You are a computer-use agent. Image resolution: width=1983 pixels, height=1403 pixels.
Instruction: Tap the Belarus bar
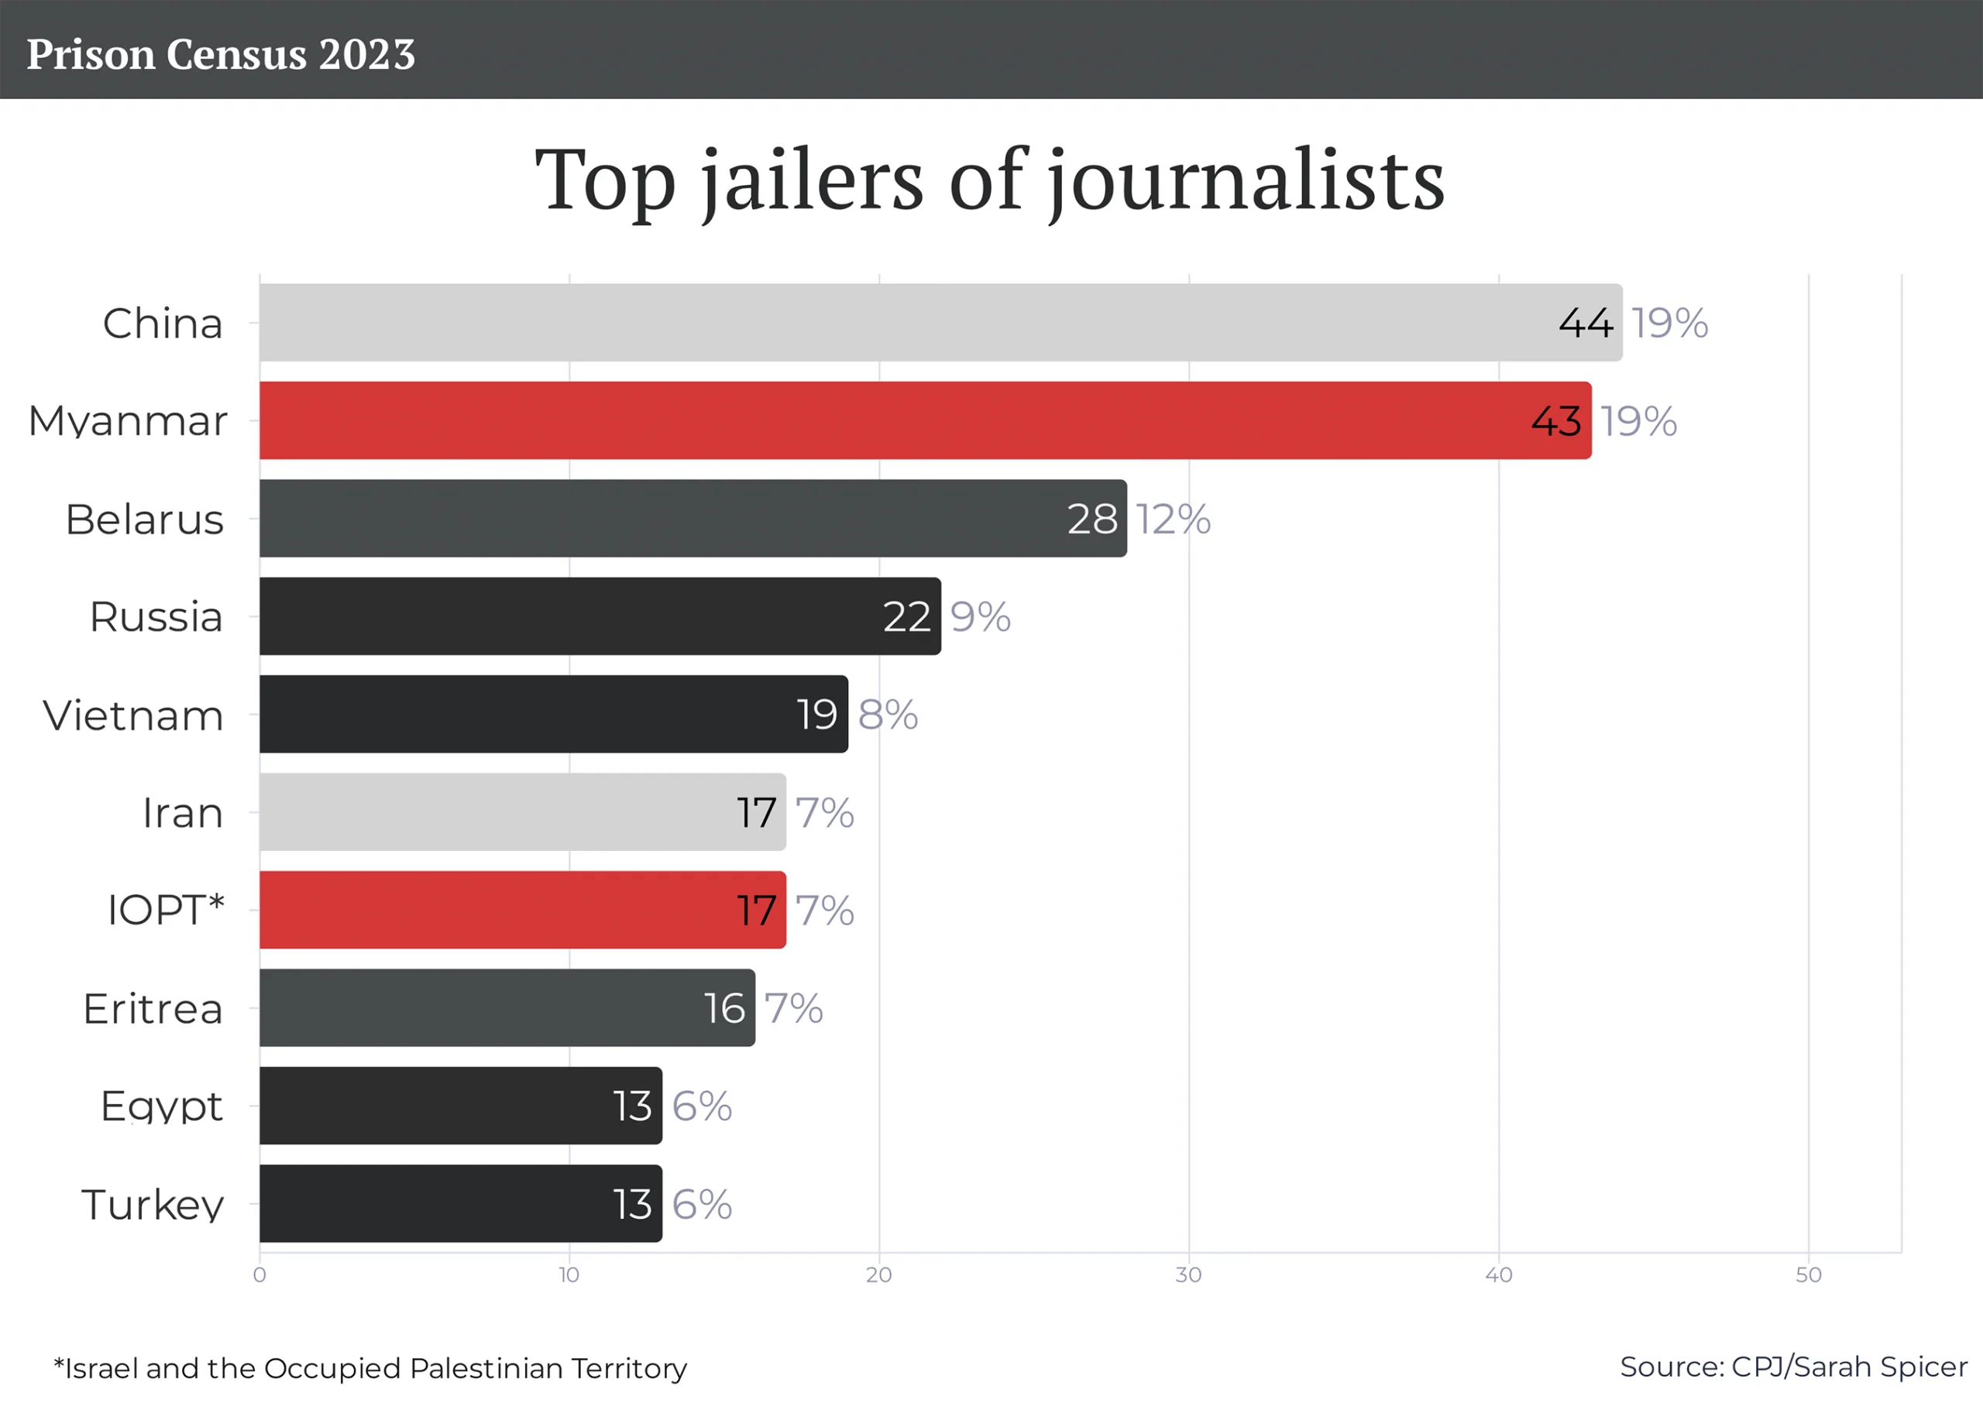(692, 518)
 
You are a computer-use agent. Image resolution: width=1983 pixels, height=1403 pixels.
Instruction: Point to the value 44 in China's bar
(1585, 323)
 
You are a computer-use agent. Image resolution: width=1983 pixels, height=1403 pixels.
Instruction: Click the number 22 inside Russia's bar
(906, 617)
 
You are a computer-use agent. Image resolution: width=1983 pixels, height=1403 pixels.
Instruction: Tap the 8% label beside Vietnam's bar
(888, 715)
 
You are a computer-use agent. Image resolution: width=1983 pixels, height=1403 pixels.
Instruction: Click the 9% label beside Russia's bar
(980, 617)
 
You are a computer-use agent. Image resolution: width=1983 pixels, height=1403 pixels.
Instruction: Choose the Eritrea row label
(153, 1008)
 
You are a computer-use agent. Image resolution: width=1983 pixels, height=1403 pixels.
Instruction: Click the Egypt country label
(162, 1106)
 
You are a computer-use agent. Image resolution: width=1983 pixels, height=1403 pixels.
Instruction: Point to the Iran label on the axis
(182, 813)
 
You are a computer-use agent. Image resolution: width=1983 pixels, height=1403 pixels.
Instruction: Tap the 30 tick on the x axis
(1188, 1275)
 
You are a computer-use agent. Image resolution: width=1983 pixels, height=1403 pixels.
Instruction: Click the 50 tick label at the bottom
(1808, 1275)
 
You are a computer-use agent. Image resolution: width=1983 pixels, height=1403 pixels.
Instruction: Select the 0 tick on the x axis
(259, 1275)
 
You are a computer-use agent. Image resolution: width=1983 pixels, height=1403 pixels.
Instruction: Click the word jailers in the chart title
(813, 180)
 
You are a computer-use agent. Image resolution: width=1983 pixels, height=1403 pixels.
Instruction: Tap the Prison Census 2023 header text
(220, 53)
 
